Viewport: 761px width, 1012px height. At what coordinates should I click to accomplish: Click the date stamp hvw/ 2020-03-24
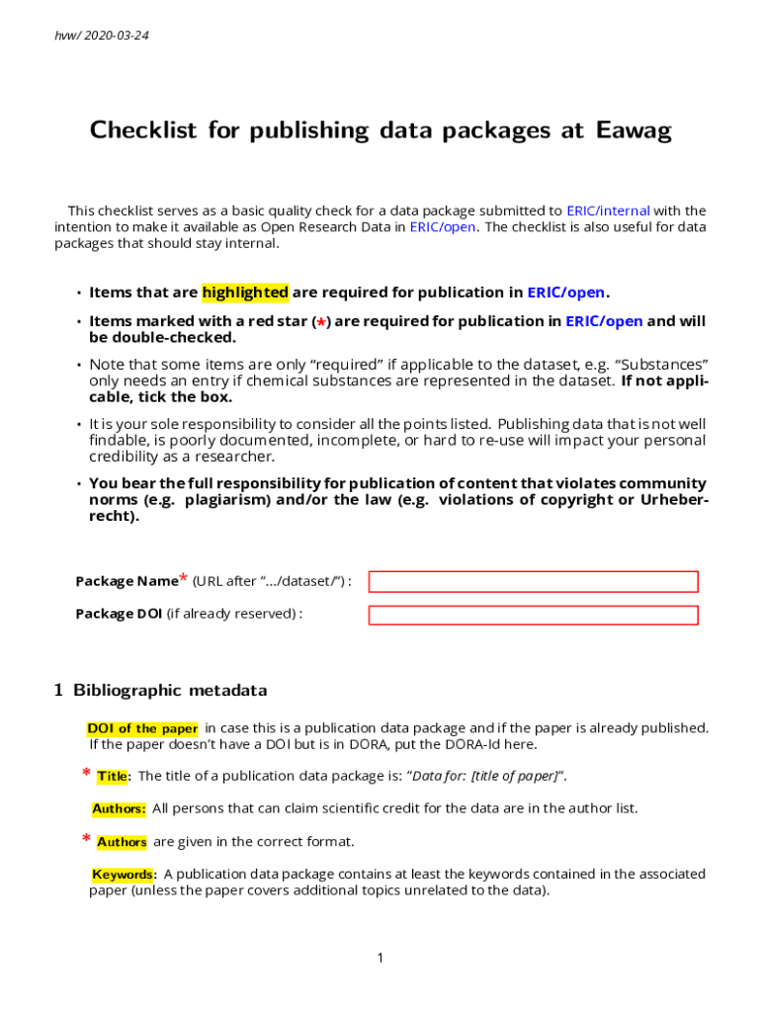click(x=102, y=36)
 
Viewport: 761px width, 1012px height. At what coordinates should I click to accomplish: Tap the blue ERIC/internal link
click(x=608, y=211)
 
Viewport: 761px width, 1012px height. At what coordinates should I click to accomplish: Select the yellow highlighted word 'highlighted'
click(x=245, y=293)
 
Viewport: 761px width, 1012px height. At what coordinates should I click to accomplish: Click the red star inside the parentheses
click(x=320, y=322)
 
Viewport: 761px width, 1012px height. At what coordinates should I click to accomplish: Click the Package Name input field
click(x=533, y=581)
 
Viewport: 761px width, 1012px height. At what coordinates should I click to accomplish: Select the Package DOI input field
click(x=533, y=615)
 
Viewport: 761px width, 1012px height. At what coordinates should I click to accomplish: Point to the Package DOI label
click(x=119, y=614)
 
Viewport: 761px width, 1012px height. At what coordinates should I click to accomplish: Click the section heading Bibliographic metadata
click(x=170, y=690)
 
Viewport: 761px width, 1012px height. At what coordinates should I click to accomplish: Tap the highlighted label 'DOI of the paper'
click(x=142, y=728)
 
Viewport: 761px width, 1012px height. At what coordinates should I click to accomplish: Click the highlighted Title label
click(x=113, y=776)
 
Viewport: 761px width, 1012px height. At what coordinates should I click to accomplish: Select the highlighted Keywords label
click(x=123, y=874)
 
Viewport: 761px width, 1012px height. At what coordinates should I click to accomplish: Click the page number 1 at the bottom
click(x=380, y=958)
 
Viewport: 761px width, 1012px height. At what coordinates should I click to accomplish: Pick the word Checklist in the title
click(x=144, y=130)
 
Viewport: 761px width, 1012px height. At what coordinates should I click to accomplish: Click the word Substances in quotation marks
click(x=662, y=364)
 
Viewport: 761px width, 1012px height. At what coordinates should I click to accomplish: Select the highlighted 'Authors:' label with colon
click(x=119, y=808)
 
